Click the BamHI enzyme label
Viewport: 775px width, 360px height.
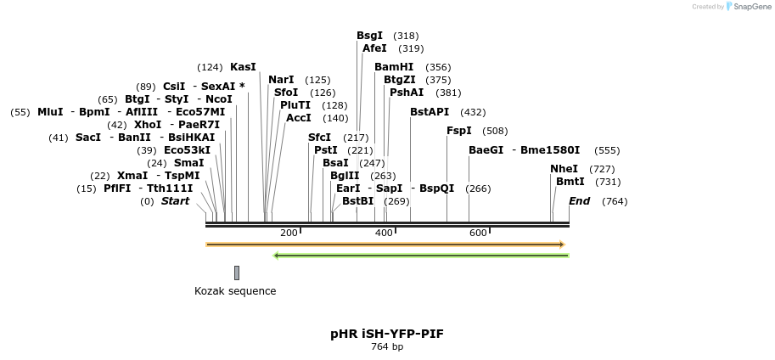point(394,67)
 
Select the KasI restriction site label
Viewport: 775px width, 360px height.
point(243,67)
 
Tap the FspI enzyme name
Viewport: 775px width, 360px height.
point(458,131)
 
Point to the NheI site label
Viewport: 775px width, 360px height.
point(564,169)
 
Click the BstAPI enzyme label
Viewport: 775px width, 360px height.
point(430,112)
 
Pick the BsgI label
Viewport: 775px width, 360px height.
point(369,36)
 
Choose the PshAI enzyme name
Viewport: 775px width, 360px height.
point(407,93)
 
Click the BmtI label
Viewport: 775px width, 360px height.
point(570,182)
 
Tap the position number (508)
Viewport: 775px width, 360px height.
point(495,131)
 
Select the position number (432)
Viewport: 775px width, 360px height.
point(473,112)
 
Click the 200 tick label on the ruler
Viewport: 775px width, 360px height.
point(289,233)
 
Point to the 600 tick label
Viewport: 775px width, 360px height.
point(478,233)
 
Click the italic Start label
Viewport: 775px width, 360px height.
point(176,201)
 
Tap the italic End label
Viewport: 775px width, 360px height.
point(579,201)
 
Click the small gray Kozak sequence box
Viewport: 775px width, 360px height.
point(237,273)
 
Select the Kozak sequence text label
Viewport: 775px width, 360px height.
point(235,291)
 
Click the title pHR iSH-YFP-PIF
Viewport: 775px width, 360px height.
point(387,334)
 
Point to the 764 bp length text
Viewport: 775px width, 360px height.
point(387,346)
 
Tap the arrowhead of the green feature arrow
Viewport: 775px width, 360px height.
point(277,255)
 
